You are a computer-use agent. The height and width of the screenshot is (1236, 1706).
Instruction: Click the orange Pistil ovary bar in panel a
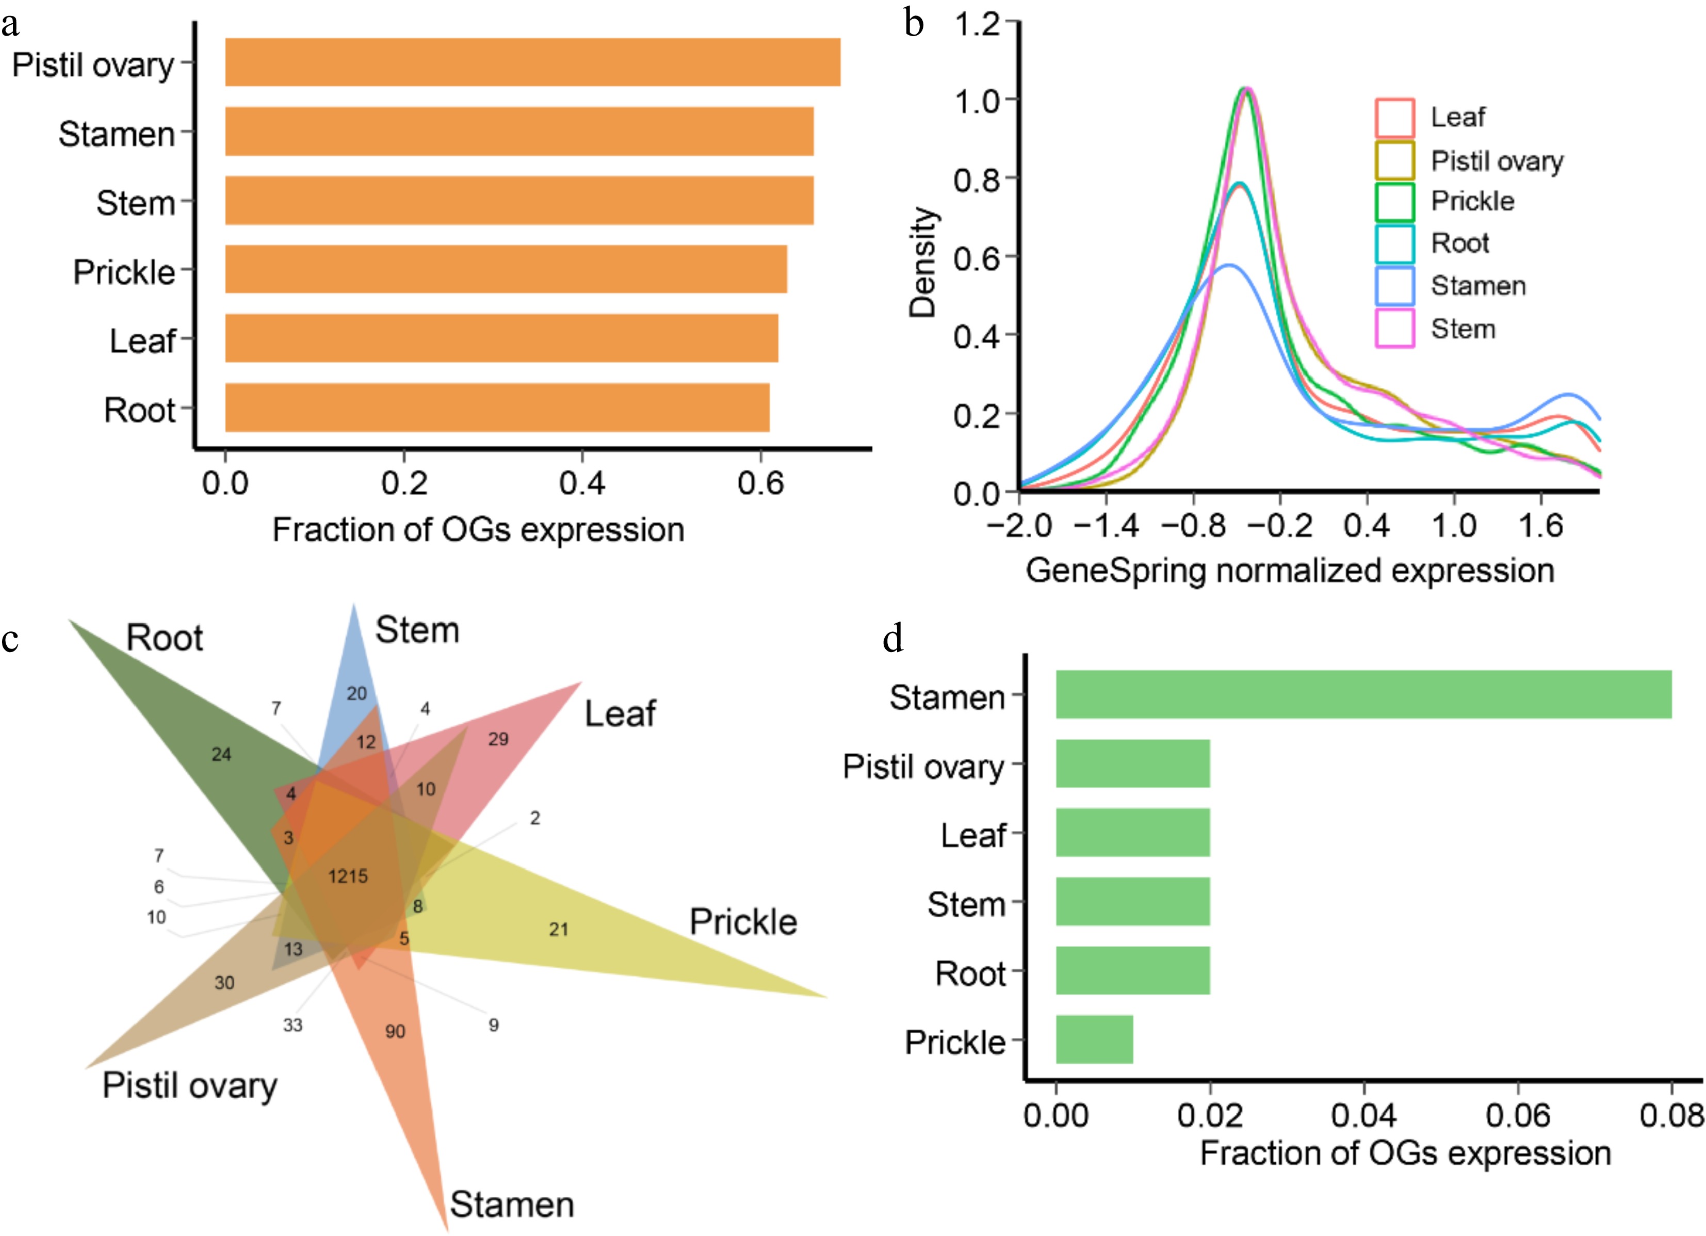click(532, 62)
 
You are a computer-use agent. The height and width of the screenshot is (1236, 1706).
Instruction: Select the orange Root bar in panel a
click(497, 407)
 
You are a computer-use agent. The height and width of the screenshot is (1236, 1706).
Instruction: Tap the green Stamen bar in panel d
click(1363, 694)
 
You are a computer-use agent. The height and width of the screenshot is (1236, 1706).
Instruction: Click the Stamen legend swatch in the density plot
click(1394, 286)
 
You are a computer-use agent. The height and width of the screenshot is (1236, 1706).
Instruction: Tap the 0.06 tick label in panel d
click(1517, 1115)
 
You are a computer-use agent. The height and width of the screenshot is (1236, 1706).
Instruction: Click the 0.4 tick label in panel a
click(581, 483)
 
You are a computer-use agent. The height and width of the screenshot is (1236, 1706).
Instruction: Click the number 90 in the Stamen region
click(395, 1031)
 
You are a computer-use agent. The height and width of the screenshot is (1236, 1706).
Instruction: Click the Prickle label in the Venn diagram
click(743, 922)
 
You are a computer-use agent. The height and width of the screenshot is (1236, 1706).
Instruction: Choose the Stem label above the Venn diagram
click(417, 630)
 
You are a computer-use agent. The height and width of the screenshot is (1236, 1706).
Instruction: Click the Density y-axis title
click(922, 262)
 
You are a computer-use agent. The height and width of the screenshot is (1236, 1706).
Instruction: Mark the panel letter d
click(893, 639)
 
